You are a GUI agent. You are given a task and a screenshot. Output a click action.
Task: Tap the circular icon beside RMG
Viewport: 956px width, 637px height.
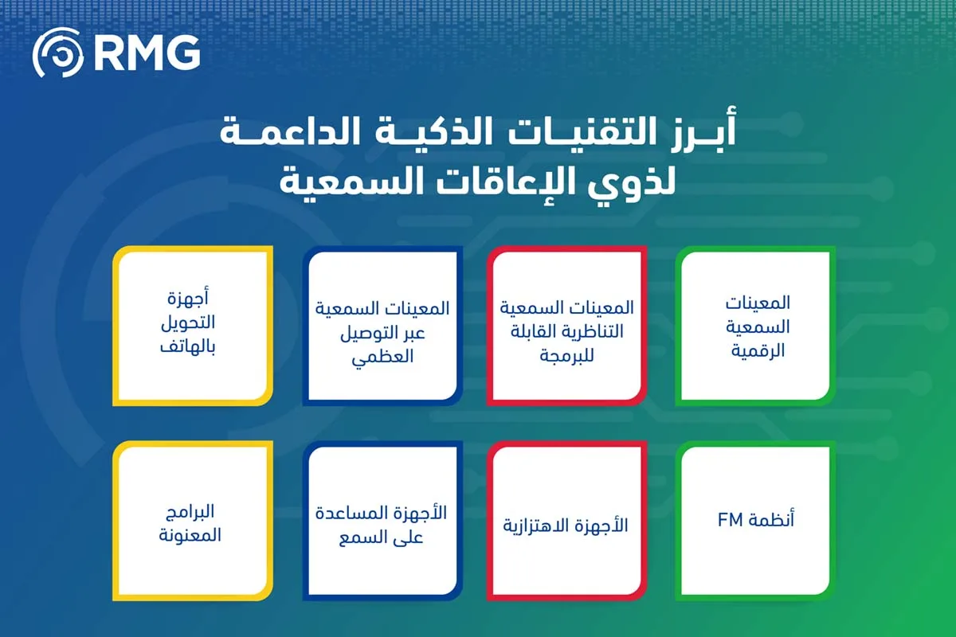pyautogui.click(x=57, y=54)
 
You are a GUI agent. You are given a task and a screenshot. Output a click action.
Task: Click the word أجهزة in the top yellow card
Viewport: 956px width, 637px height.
pyautogui.click(x=192, y=301)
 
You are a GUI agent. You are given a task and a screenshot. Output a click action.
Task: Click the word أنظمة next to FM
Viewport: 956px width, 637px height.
pyautogui.click(x=772, y=521)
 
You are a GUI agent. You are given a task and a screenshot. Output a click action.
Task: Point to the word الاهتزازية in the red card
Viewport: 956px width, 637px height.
pyautogui.click(x=542, y=526)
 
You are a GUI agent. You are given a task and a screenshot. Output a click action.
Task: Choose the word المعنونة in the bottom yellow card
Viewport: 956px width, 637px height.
pyautogui.click(x=192, y=535)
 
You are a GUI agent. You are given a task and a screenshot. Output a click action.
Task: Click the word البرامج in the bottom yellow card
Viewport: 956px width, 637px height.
pyautogui.click(x=192, y=511)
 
